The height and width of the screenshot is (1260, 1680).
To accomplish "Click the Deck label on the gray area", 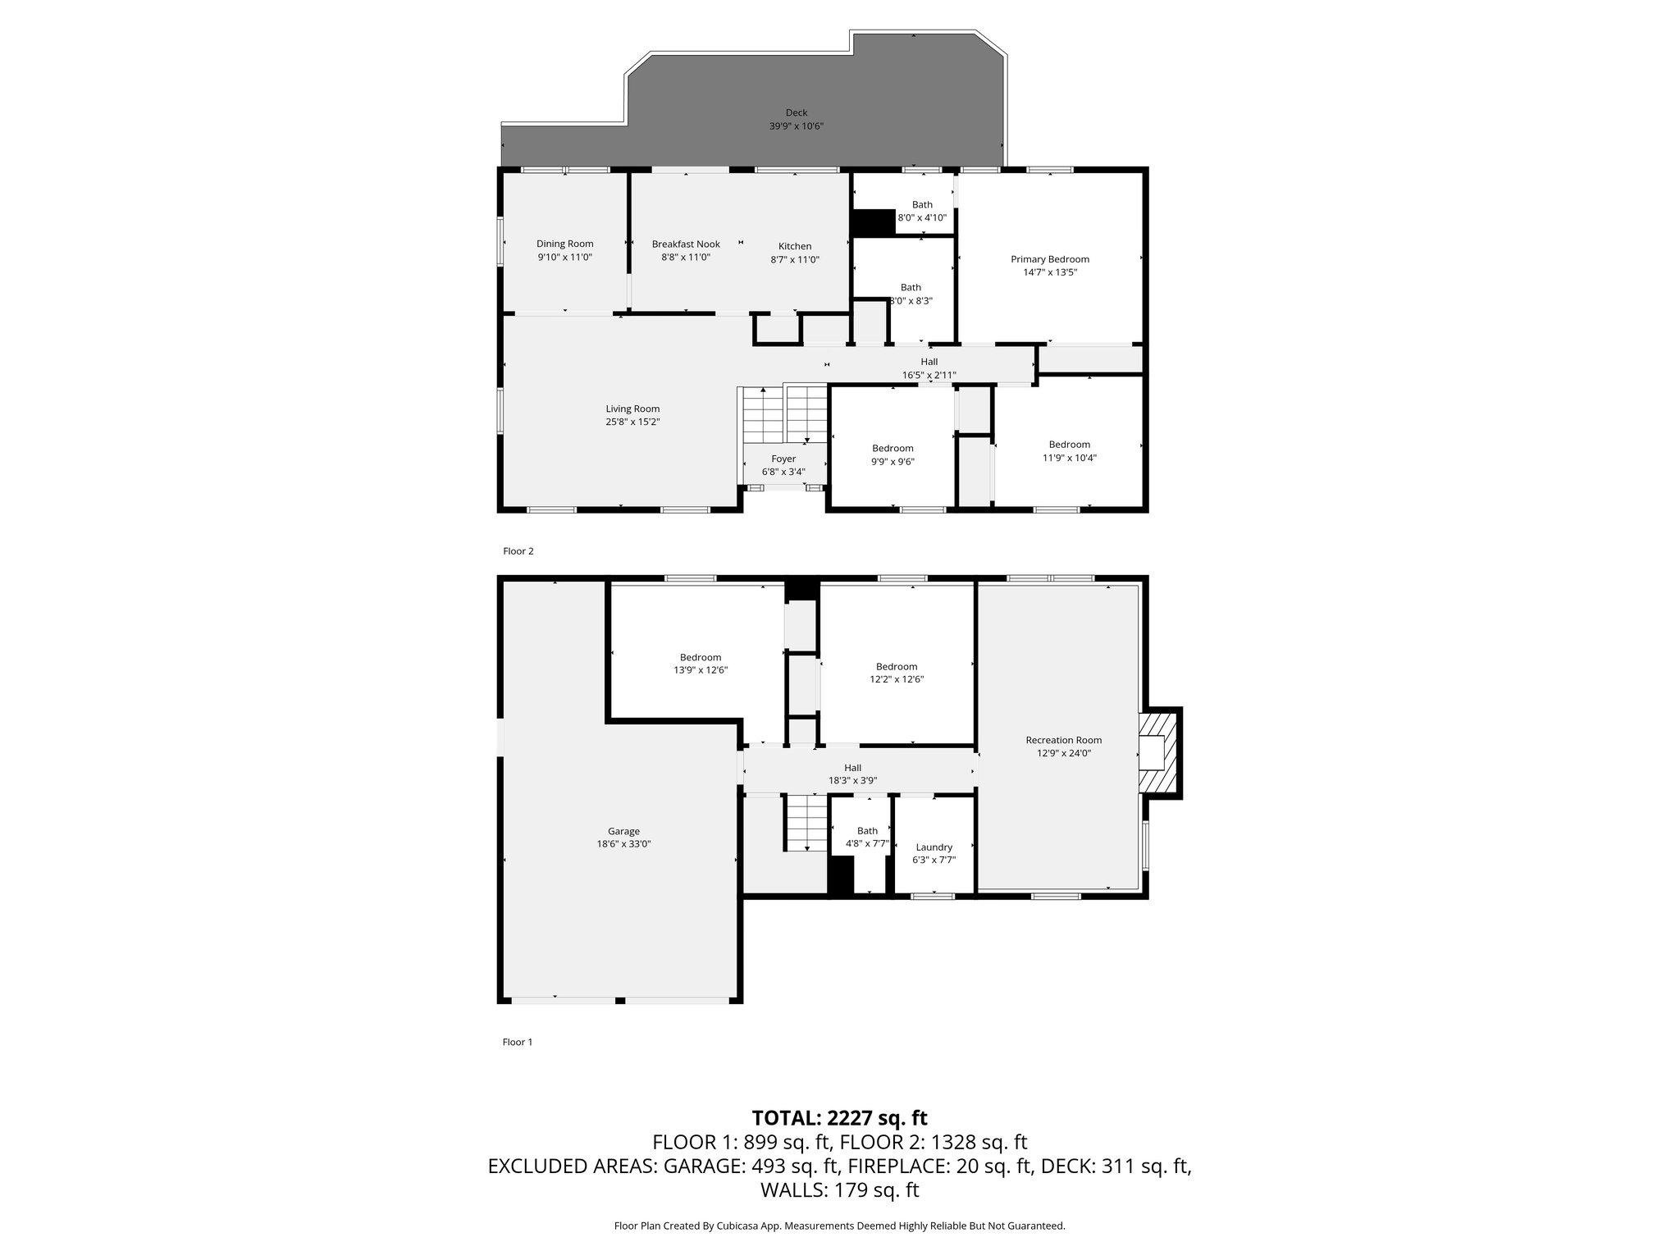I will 796,113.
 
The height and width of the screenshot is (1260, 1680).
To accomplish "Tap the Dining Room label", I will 564,244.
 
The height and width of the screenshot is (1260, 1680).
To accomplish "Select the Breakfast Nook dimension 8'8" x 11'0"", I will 686,258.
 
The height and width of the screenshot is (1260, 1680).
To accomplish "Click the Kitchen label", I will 794,246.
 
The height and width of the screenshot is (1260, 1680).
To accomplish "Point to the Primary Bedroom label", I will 1049,259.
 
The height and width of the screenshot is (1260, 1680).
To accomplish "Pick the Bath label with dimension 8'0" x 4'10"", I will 922,205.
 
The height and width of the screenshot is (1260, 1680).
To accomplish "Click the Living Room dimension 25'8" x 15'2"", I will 632,422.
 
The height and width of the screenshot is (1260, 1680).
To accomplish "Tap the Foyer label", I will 783,459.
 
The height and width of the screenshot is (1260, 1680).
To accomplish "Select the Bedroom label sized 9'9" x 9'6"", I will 892,449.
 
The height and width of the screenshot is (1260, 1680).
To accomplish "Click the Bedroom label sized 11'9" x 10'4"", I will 1069,445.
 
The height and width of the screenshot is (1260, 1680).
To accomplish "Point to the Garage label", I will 623,831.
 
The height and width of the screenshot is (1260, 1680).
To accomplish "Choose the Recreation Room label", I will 1063,740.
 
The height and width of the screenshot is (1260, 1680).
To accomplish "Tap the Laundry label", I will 934,847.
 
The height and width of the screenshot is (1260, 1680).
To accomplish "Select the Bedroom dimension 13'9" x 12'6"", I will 700,670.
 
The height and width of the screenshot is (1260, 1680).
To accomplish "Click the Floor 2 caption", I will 518,551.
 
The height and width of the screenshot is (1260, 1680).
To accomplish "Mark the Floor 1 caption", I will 518,1042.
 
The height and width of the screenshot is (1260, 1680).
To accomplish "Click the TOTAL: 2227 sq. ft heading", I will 839,1118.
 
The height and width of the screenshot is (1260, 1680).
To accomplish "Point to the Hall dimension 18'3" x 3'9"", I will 852,781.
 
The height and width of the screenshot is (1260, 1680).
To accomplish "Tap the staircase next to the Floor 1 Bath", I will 807,822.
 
